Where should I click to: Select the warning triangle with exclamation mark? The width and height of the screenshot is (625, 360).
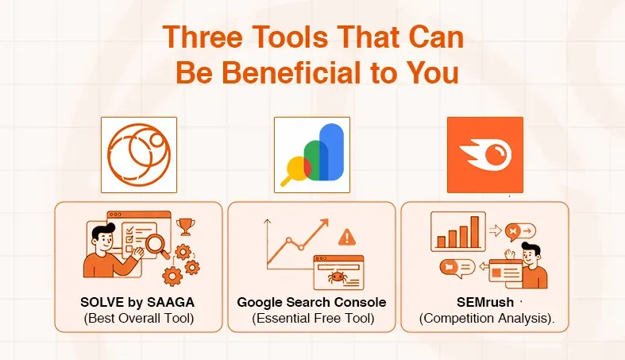(x=347, y=237)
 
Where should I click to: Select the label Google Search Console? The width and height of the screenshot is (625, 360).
(x=311, y=303)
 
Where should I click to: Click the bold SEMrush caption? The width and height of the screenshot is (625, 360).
(x=479, y=303)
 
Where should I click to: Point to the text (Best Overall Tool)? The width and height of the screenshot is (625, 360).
(x=139, y=319)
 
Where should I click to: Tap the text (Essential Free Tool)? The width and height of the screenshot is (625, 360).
(x=311, y=319)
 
